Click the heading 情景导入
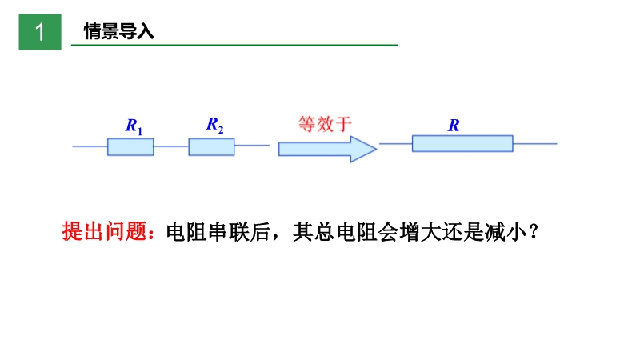(x=119, y=32)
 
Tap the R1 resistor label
(x=134, y=126)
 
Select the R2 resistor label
(x=215, y=124)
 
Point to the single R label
(x=454, y=126)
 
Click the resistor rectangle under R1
(x=130, y=146)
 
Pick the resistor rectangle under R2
(x=211, y=146)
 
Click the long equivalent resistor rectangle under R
(x=462, y=144)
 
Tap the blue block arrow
(x=326, y=149)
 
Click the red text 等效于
(x=325, y=124)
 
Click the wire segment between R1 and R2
(x=171, y=146)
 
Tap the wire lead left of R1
(x=90, y=146)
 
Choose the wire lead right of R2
(x=251, y=146)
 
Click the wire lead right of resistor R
(x=534, y=144)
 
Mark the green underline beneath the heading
(x=234, y=46)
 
